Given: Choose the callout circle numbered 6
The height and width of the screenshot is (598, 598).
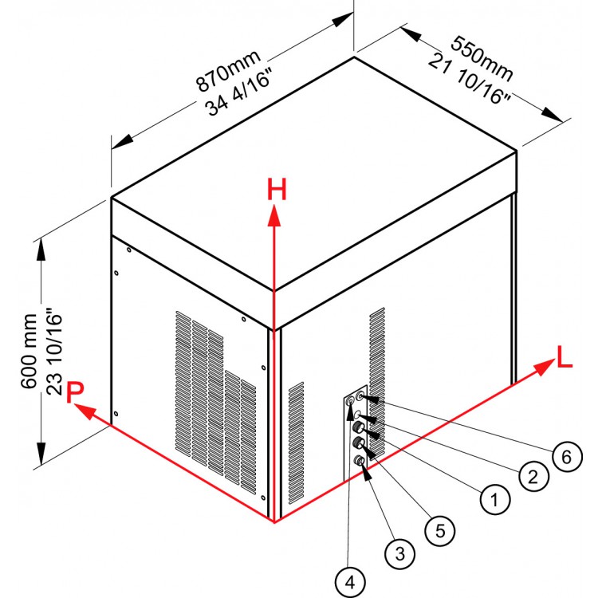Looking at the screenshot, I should [566, 456].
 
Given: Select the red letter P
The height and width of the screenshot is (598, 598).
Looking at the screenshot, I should [76, 391].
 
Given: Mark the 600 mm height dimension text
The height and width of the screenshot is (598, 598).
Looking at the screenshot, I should [29, 351].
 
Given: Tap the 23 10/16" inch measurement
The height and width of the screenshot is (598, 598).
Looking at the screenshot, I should [55, 351].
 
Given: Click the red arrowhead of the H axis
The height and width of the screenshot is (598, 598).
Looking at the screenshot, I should [275, 211].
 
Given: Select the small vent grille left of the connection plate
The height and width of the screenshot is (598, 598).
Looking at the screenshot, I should [296, 445].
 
